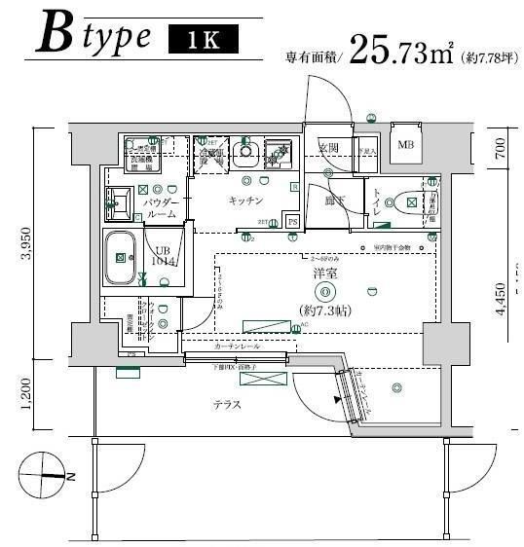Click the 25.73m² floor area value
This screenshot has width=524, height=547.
[x=400, y=50]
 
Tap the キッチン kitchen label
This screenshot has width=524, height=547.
[x=245, y=200]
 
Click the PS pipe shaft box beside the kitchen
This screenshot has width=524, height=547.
[x=292, y=221]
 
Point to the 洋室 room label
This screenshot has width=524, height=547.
[x=325, y=273]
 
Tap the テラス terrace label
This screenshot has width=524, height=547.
[x=228, y=404]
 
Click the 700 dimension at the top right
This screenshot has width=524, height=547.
[x=501, y=149]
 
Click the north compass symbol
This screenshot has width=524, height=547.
[x=47, y=476]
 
